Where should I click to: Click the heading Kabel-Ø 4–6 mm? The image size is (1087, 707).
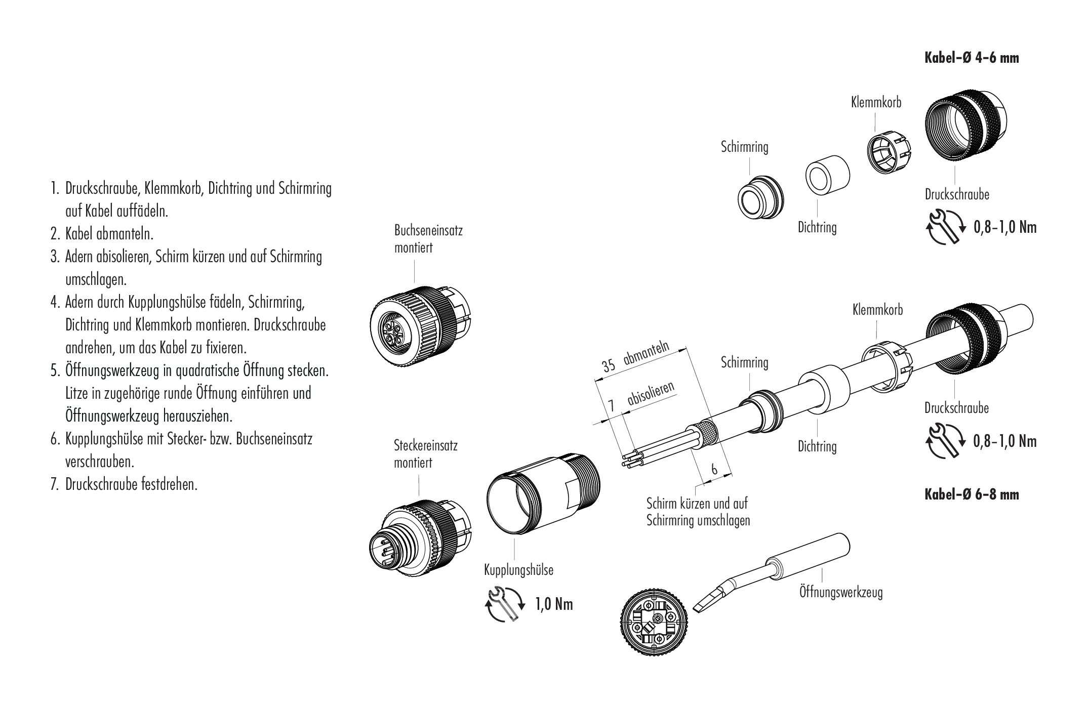[972, 58]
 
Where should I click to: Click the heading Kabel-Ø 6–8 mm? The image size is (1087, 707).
[972, 494]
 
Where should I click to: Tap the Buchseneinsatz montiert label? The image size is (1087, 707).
[428, 239]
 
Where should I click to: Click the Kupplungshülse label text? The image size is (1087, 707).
[518, 570]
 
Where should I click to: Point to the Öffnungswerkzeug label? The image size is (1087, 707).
[840, 592]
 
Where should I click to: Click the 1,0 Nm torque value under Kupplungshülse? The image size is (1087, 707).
[554, 604]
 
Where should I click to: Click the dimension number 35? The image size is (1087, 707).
[609, 365]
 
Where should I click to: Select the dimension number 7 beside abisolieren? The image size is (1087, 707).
[611, 406]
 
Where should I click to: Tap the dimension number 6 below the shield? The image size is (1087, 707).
[714, 469]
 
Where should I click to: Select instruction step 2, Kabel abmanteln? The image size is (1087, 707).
[109, 234]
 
